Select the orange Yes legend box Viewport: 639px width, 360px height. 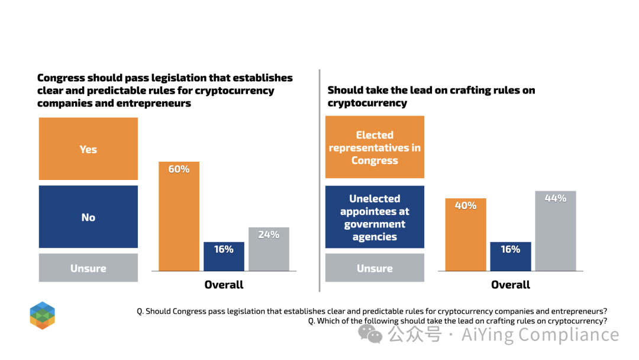click(x=88, y=149)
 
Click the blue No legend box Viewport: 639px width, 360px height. click(x=88, y=217)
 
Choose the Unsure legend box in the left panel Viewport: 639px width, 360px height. click(x=88, y=268)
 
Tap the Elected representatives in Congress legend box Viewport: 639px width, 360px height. click(x=375, y=147)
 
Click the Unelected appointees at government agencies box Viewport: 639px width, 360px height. click(x=375, y=217)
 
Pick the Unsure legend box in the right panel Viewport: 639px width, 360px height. click(x=375, y=268)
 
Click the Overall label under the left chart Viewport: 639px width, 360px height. click(x=224, y=285)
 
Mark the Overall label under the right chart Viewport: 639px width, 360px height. click(x=511, y=285)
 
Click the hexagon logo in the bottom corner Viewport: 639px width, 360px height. click(x=43, y=316)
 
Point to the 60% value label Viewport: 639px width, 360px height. click(x=179, y=169)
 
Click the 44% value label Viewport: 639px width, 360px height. click(x=555, y=198)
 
